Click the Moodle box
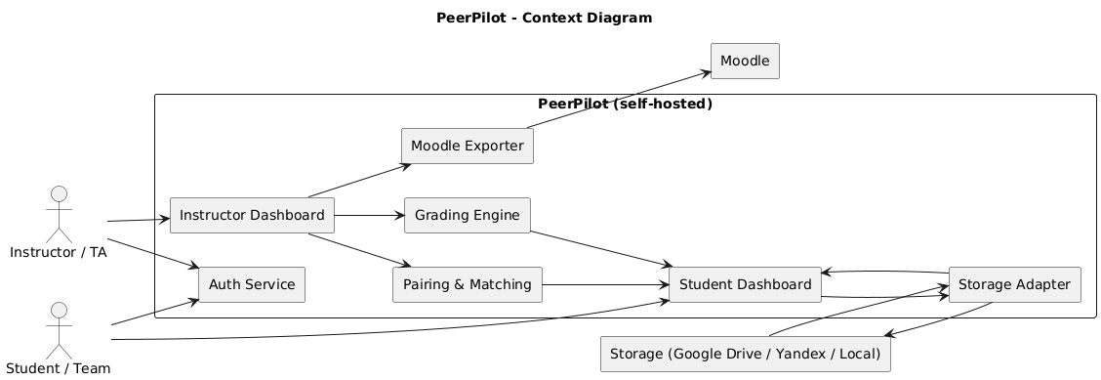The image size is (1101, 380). (x=745, y=62)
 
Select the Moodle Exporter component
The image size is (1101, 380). (x=467, y=147)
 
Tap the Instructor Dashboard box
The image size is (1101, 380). (x=252, y=215)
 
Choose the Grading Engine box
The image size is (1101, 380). (x=467, y=215)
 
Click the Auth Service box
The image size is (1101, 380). (x=252, y=284)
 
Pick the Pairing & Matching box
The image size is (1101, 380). (x=467, y=284)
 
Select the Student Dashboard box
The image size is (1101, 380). (x=744, y=284)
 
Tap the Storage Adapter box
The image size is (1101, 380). (x=1014, y=284)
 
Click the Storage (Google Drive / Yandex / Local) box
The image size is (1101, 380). (x=744, y=354)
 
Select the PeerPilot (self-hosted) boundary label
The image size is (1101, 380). (x=625, y=105)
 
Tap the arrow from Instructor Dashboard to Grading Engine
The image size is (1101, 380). (x=369, y=215)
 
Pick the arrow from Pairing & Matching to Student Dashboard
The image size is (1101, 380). (x=605, y=284)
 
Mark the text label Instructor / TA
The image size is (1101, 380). (x=60, y=253)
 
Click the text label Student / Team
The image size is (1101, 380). (x=60, y=368)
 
